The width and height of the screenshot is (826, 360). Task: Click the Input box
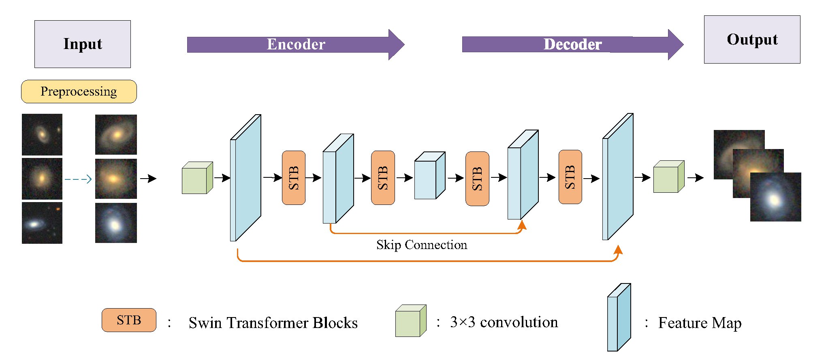point(83,44)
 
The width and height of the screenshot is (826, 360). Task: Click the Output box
point(752,39)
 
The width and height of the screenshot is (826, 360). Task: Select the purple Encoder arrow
point(295,45)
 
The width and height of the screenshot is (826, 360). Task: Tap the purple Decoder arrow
point(572,45)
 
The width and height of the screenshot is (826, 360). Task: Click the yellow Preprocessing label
point(79,92)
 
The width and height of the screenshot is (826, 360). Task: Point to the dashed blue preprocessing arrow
point(78,179)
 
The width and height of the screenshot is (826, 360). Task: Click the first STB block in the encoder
point(294,178)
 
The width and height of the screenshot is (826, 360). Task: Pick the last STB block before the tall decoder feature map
point(570,177)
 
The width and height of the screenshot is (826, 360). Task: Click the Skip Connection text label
point(421,245)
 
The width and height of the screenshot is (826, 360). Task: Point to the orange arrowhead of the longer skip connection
point(618,250)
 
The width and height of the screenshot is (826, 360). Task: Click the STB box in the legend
point(129,320)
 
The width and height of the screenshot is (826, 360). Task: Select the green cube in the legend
point(410,321)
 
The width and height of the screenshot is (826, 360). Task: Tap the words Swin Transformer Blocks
point(273,323)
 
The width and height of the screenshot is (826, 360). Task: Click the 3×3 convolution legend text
point(504,322)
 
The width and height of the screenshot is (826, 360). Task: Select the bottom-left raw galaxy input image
point(42,223)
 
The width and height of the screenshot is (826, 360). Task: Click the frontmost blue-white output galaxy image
point(775,197)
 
